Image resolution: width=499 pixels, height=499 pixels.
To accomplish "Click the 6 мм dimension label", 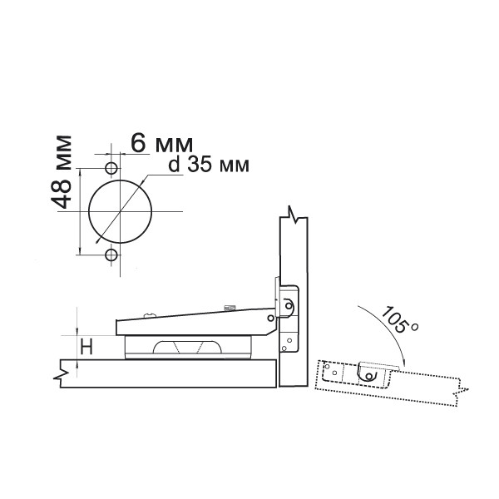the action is [161, 143].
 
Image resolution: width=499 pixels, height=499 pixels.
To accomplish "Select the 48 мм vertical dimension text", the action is [61, 172].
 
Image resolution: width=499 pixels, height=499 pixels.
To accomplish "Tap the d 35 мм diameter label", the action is [209, 165].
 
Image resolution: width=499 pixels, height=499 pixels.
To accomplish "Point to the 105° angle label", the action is [399, 319].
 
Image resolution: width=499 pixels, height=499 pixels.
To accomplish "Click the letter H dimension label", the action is [86, 347].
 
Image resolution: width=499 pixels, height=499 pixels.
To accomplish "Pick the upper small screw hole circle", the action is [111, 168].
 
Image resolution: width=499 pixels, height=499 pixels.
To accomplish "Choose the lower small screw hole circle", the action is [111, 254].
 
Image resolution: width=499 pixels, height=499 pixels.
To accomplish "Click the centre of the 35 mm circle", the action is [120, 211].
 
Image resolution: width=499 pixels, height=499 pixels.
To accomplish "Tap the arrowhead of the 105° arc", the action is [404, 363].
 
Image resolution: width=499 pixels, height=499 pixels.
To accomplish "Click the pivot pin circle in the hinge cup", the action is [289, 306].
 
